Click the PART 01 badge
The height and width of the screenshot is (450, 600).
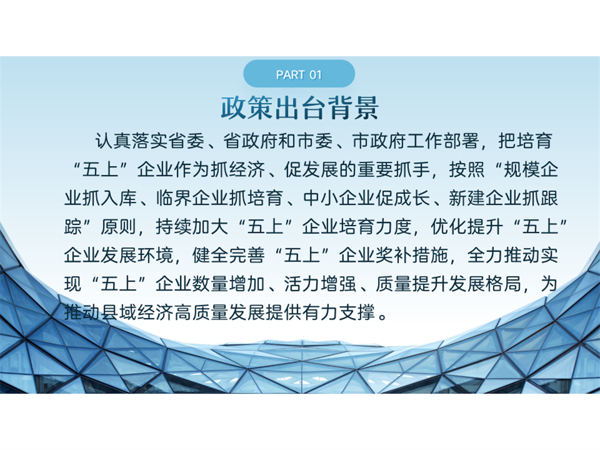coord(299,74)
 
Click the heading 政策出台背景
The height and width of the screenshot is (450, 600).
coord(299,108)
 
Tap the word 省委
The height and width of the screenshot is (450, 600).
coord(187,141)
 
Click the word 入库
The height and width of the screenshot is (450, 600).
coord(119,198)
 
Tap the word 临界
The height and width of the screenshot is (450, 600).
coord(174,198)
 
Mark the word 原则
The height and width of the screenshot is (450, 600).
coord(119,227)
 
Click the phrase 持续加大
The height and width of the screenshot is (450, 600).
coord(192,227)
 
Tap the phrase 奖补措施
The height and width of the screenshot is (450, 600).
coord(413,255)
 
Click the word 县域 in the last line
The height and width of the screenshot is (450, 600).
coord(119,313)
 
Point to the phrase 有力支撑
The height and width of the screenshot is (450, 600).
coord(339,313)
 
